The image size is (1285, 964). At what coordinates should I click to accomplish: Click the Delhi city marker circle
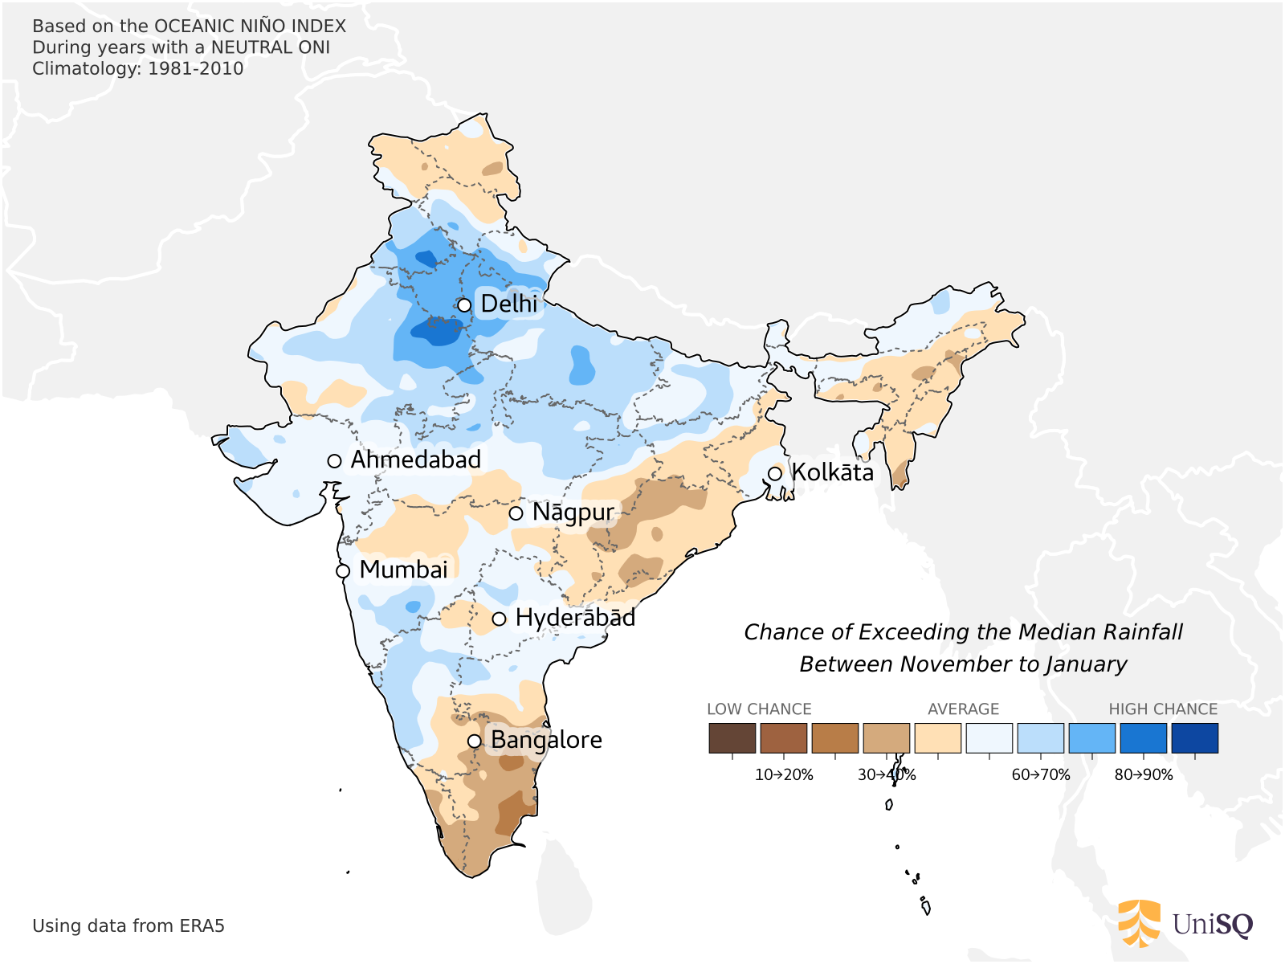pyautogui.click(x=464, y=305)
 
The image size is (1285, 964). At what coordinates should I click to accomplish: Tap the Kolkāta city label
pyautogui.click(x=832, y=472)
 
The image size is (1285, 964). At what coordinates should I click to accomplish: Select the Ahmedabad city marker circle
pyautogui.click(x=335, y=461)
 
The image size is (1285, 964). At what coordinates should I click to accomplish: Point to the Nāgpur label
pyautogui.click(x=573, y=513)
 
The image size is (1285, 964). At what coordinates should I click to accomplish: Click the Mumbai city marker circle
pyautogui.click(x=343, y=571)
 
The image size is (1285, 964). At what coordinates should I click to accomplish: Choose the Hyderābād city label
pyautogui.click(x=575, y=618)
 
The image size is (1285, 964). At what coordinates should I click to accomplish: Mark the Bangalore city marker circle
pyautogui.click(x=475, y=741)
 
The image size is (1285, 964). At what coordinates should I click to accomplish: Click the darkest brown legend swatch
pyautogui.click(x=732, y=738)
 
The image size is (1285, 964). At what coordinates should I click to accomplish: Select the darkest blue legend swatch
pyautogui.click(x=1194, y=738)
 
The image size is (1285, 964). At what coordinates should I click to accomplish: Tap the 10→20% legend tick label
pyautogui.click(x=784, y=775)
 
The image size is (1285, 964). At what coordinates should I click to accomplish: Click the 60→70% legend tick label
pyautogui.click(x=1041, y=775)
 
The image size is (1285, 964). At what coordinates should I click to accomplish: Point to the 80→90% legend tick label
pyautogui.click(x=1144, y=775)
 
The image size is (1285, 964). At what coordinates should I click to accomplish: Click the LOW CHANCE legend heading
pyautogui.click(x=759, y=709)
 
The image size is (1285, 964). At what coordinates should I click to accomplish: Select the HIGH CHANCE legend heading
pyautogui.click(x=1163, y=709)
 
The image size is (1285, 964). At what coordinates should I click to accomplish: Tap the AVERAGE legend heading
pyautogui.click(x=963, y=709)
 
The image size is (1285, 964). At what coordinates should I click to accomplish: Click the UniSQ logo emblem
pyautogui.click(x=1140, y=924)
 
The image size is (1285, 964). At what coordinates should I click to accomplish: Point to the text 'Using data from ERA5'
pyautogui.click(x=128, y=926)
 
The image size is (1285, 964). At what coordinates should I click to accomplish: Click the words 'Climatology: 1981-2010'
pyautogui.click(x=137, y=69)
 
